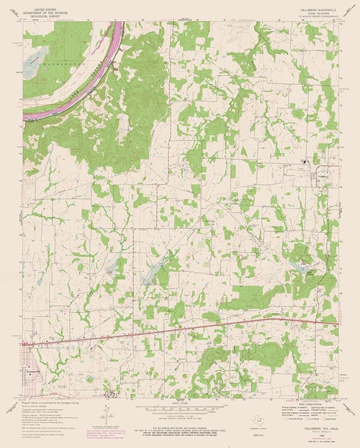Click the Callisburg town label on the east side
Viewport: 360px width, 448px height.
click(322, 173)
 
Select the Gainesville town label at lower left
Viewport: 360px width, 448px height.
click(32, 370)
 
